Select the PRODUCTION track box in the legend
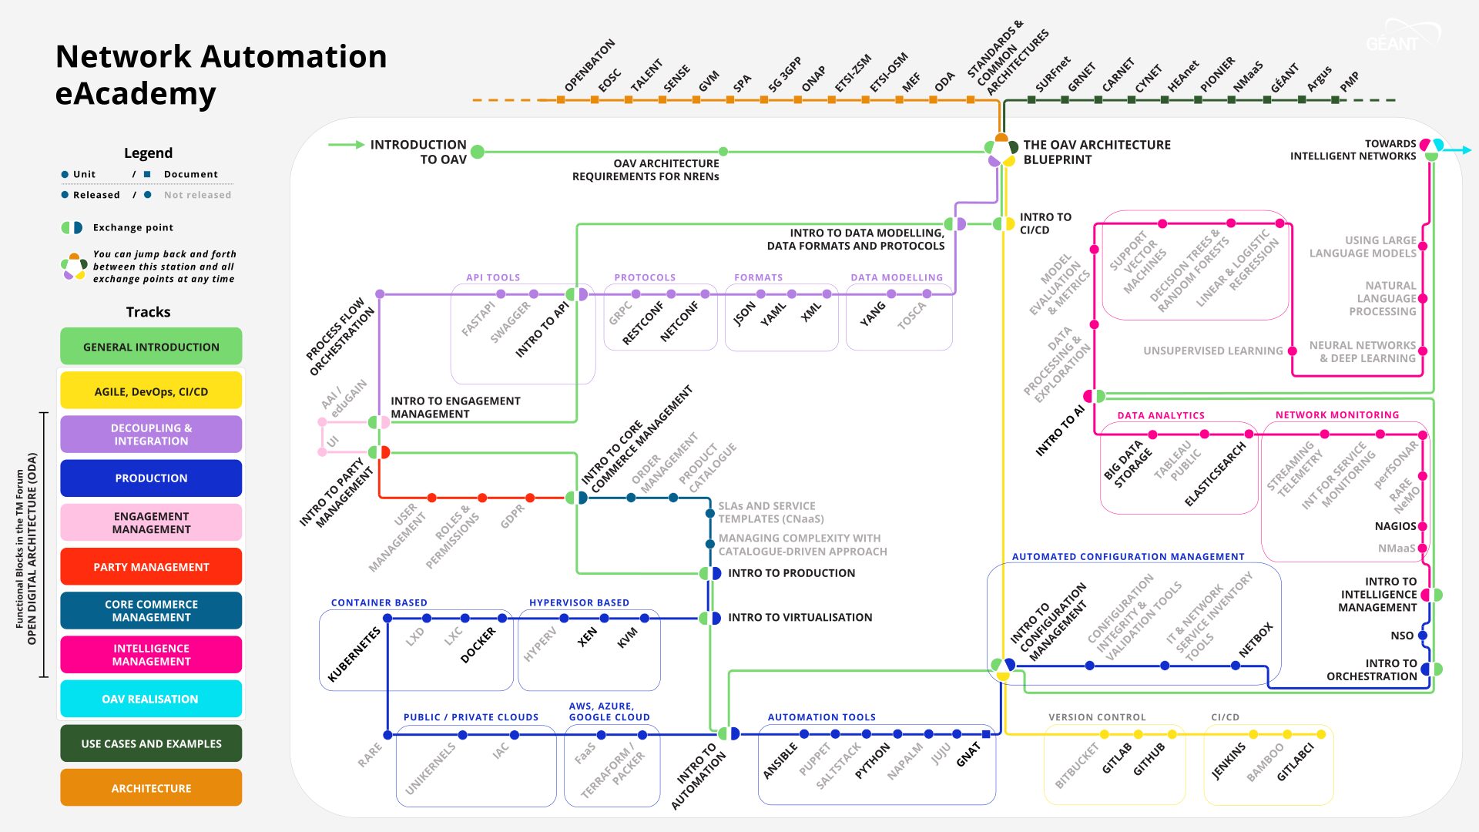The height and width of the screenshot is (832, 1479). (x=151, y=478)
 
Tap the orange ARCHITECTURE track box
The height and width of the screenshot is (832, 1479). (x=151, y=788)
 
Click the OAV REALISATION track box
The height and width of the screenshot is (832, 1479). (x=151, y=699)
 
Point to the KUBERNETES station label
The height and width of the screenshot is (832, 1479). (x=354, y=654)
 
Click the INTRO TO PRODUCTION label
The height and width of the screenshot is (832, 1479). (x=791, y=573)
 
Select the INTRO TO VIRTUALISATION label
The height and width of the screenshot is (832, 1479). (x=800, y=617)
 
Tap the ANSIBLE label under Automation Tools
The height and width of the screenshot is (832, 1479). (x=780, y=761)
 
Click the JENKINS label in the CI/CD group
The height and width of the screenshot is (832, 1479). (x=1229, y=761)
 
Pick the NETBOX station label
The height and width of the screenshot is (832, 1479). (x=1256, y=640)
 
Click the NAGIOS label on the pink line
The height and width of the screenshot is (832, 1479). (x=1395, y=526)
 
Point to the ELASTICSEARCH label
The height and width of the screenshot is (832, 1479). (x=1215, y=475)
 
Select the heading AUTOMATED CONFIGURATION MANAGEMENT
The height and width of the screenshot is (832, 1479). (x=1128, y=556)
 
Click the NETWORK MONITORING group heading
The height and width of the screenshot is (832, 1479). (x=1336, y=414)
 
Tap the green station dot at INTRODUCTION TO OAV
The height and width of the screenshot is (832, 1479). (x=478, y=152)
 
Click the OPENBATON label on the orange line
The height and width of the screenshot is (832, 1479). (x=590, y=65)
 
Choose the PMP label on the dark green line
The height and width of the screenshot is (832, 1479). (x=1349, y=82)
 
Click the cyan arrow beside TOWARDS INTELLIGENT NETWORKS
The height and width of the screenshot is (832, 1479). (x=1459, y=150)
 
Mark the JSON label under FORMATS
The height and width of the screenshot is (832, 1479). (x=745, y=314)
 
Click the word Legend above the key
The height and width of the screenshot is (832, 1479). (x=148, y=153)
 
